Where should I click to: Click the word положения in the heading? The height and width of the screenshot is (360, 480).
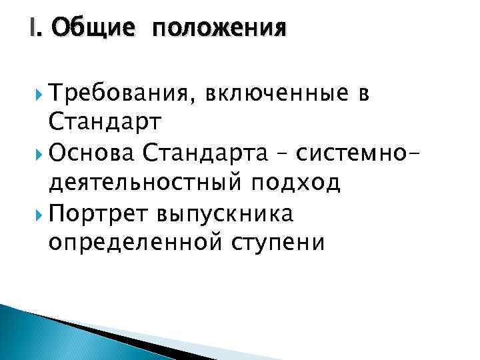point(220,30)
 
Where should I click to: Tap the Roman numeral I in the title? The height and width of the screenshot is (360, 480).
point(33,29)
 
